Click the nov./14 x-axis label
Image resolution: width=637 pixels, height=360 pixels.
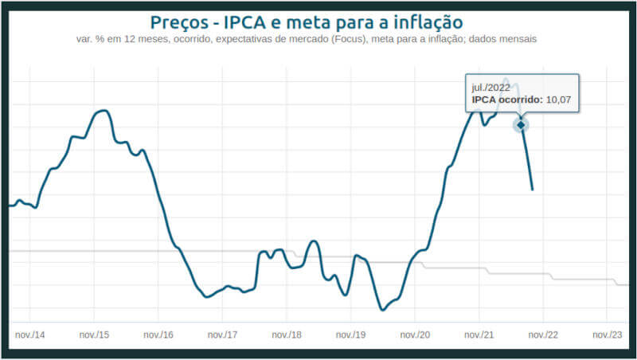(x=29, y=335)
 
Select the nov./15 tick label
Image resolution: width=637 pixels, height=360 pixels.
(x=94, y=335)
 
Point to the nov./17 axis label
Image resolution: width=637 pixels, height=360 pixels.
(x=222, y=335)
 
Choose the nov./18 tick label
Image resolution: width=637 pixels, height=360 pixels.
(x=287, y=335)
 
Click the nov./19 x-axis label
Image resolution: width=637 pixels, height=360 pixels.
(x=351, y=335)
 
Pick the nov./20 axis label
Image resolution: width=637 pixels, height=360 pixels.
(x=415, y=335)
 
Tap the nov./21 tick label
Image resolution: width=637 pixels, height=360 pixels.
(x=479, y=335)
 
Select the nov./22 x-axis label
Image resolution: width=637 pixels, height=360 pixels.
(x=544, y=335)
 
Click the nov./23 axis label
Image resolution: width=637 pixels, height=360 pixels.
(x=608, y=335)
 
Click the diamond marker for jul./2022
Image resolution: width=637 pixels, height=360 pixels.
(x=521, y=125)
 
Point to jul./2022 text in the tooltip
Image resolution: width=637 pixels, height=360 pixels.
(x=490, y=87)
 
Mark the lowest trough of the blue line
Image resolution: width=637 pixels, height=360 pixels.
(x=381, y=310)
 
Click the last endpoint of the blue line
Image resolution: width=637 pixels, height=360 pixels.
(x=533, y=190)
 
